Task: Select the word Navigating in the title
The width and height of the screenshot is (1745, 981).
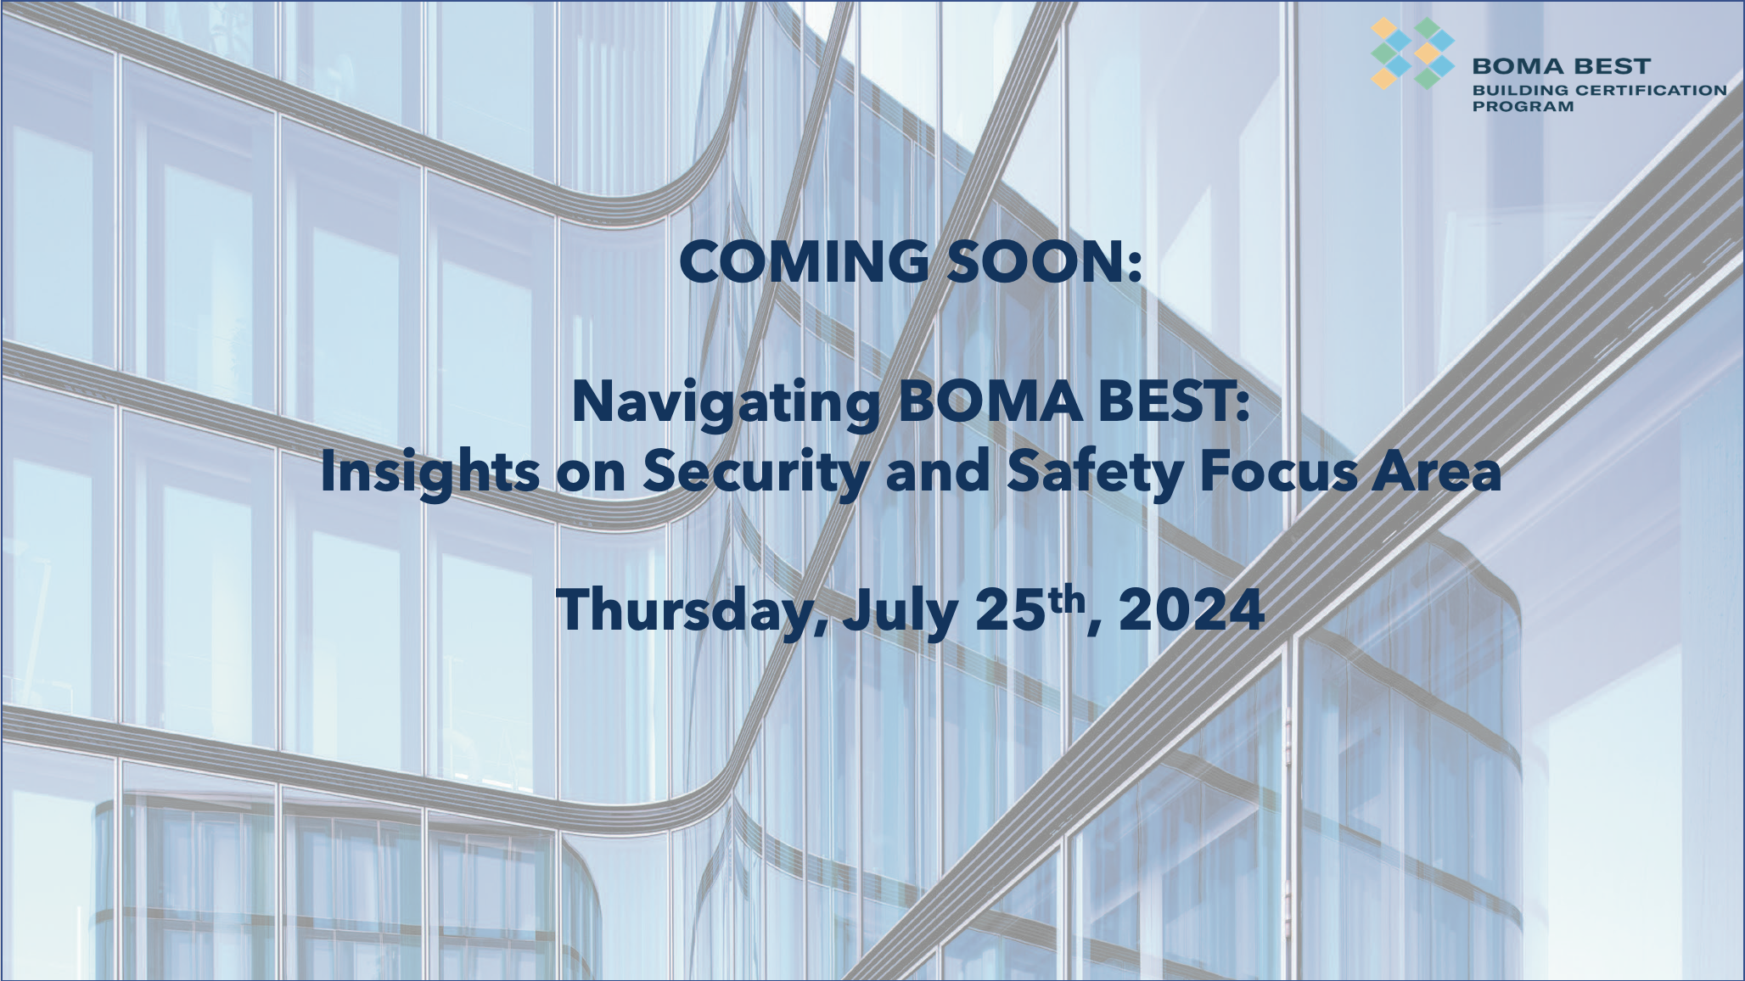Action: coord(726,403)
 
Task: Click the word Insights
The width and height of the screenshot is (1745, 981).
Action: coord(429,473)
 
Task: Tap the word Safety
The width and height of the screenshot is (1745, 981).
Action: coord(1095,473)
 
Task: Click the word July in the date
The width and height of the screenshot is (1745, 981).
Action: coord(900,611)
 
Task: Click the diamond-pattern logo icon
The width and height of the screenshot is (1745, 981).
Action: coord(1412,53)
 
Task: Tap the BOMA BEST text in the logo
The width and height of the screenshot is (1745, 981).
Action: coord(1561,66)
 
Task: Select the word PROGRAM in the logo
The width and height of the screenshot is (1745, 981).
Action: coord(1523,107)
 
